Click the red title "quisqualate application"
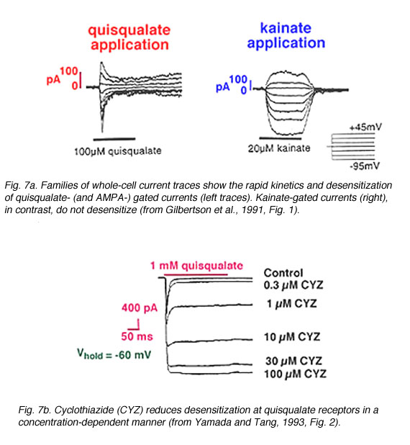click(x=129, y=38)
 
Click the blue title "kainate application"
click(x=286, y=36)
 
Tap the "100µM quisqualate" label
click(x=118, y=151)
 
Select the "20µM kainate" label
click(x=279, y=148)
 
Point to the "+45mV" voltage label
click(x=365, y=127)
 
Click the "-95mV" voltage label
click(x=365, y=166)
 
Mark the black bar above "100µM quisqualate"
click(x=114, y=139)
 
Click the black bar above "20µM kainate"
click(x=280, y=138)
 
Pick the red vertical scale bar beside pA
click(x=81, y=81)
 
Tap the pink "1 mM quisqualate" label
click(x=196, y=266)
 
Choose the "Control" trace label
click(x=283, y=273)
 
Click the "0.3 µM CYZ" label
click(x=293, y=285)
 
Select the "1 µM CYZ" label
click(x=292, y=304)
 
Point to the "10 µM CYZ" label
click(x=292, y=337)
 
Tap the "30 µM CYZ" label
click(x=293, y=361)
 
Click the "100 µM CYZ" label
click(x=295, y=374)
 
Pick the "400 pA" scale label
click(x=140, y=308)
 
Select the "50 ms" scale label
click(x=137, y=336)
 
